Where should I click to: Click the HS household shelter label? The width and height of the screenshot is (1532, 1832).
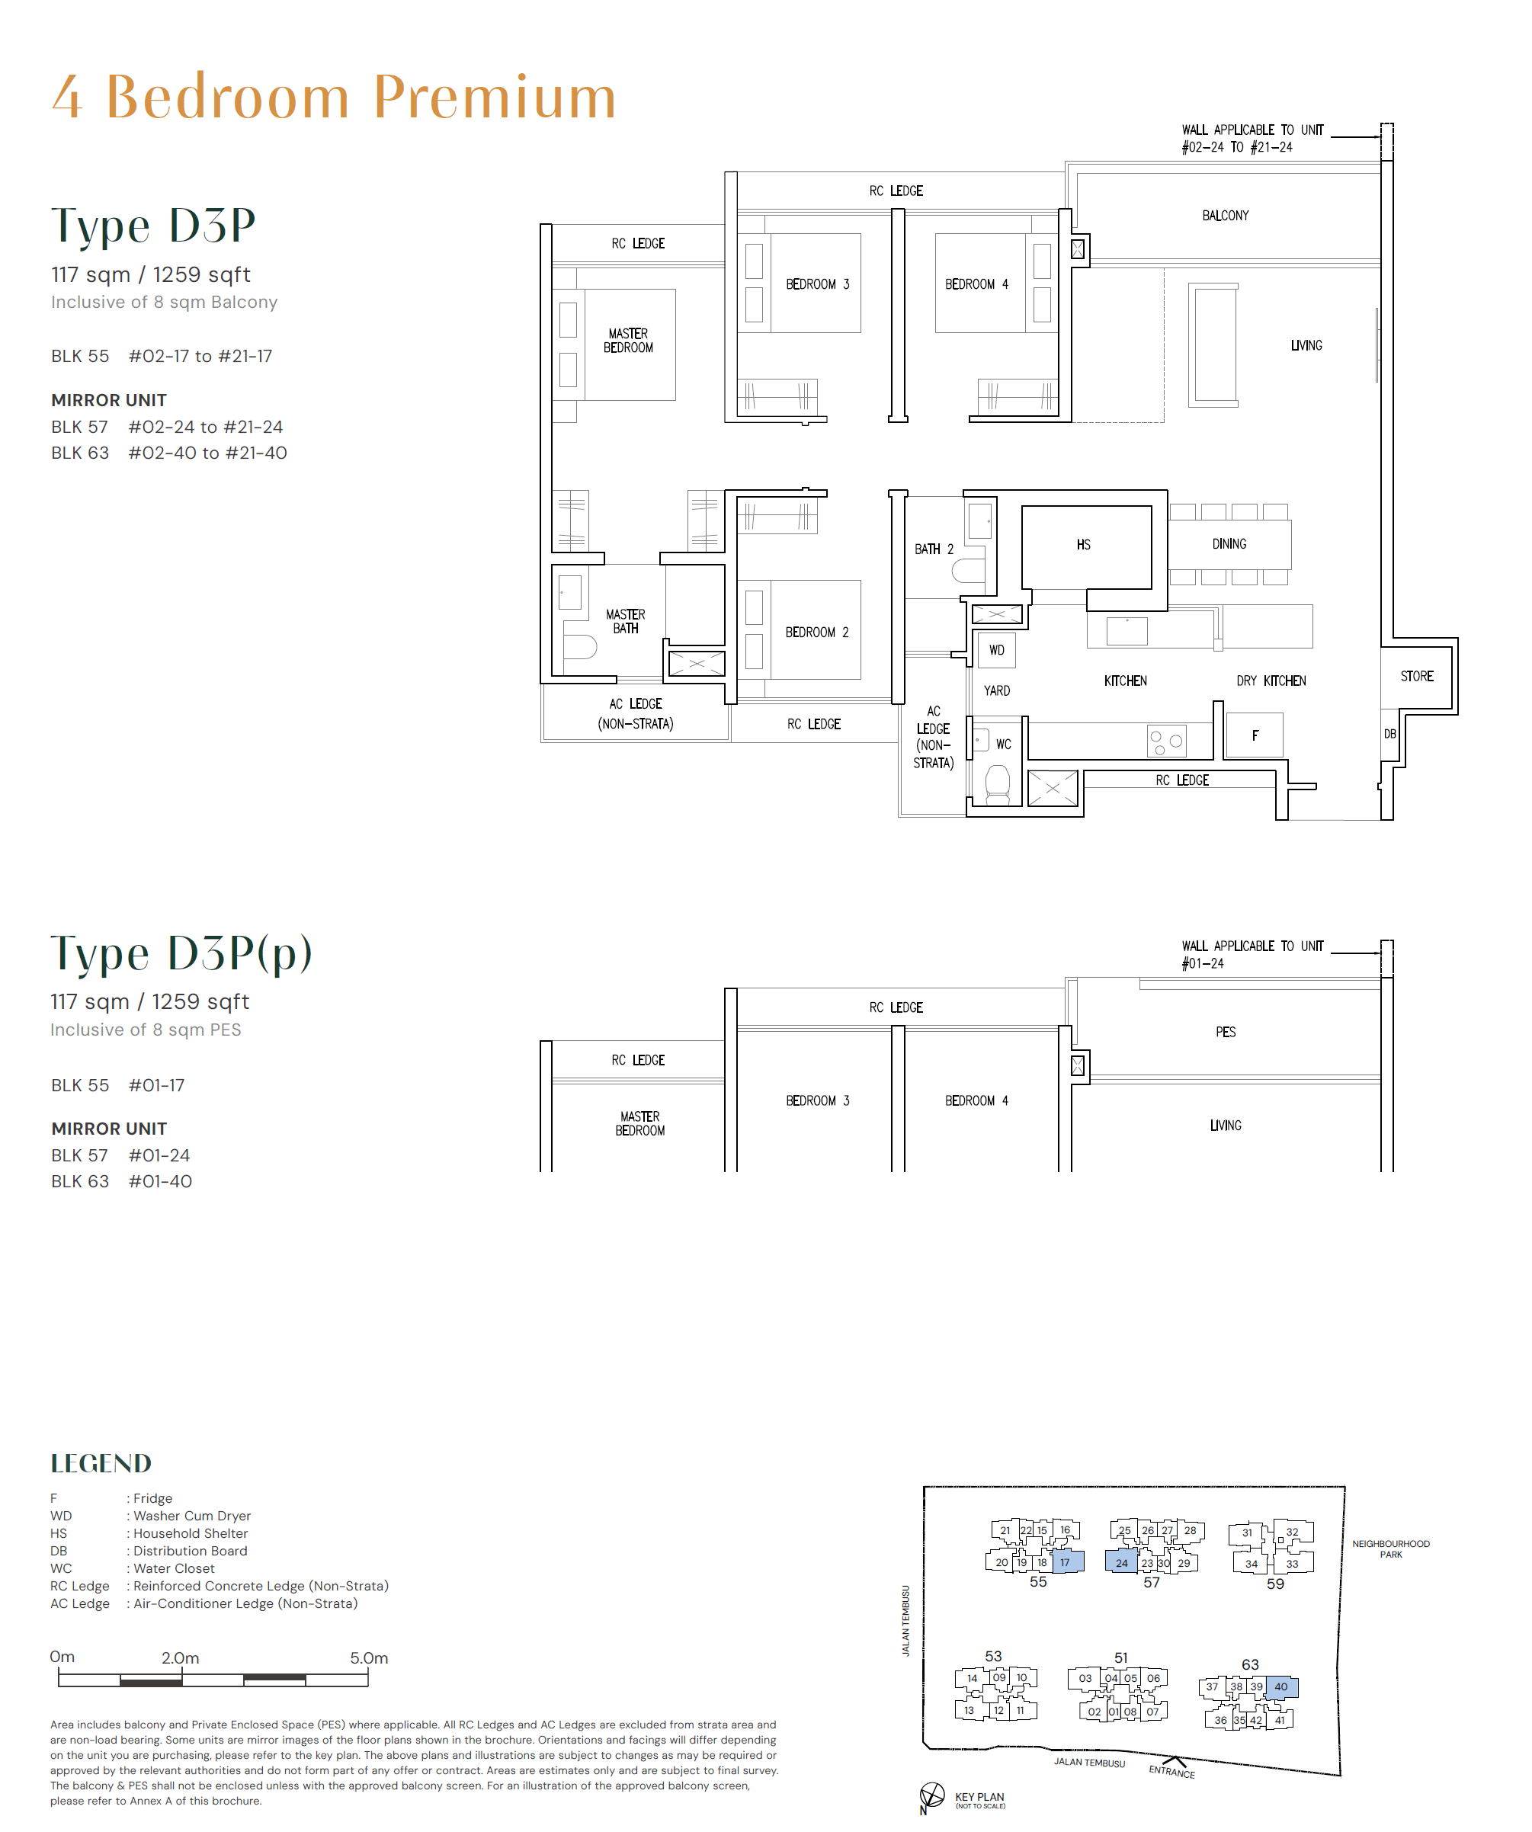(1083, 544)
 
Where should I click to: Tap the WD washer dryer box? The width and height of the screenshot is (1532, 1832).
(996, 650)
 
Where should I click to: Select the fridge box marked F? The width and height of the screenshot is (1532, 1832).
(1254, 735)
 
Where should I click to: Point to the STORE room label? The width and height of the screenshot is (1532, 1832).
(1416, 676)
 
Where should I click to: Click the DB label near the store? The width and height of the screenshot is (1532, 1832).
(1389, 734)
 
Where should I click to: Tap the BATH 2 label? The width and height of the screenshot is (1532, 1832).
(933, 549)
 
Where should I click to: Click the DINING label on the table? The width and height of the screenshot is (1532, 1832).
(1229, 543)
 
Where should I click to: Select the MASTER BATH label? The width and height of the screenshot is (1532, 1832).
(625, 621)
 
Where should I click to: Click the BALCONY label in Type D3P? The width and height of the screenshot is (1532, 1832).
(1224, 216)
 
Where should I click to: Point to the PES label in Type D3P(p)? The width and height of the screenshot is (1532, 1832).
(1225, 1032)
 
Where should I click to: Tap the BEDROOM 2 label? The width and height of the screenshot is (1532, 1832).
(816, 632)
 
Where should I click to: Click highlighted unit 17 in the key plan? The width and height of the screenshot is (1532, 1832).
(1066, 1561)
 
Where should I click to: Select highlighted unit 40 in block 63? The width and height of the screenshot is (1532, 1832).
(1280, 1686)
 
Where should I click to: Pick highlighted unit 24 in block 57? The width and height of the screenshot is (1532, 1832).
(1121, 1562)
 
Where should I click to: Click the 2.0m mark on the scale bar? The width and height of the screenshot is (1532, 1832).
(180, 1657)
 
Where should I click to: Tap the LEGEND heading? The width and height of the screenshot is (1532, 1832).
(101, 1463)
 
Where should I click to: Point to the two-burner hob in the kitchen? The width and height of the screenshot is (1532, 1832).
(1165, 741)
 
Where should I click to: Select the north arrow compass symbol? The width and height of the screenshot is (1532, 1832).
(931, 1795)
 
